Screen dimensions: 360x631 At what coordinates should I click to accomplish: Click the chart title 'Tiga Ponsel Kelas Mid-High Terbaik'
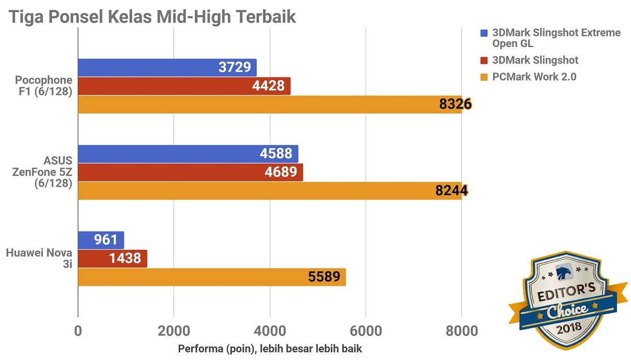[x=151, y=17]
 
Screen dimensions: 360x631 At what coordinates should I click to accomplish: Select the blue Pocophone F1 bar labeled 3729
[x=167, y=67]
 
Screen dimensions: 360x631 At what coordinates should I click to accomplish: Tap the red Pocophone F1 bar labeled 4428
[x=184, y=86]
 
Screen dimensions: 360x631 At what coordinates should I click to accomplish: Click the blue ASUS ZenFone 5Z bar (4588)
[x=188, y=154]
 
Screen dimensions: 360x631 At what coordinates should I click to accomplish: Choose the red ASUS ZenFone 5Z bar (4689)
[x=190, y=172]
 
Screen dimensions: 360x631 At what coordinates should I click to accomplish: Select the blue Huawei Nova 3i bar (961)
[x=101, y=240]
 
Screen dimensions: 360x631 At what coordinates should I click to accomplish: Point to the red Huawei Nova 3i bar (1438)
[x=112, y=258]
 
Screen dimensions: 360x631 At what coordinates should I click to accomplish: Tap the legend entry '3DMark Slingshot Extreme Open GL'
[x=556, y=38]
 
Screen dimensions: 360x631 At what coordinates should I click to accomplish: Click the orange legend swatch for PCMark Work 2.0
[x=484, y=77]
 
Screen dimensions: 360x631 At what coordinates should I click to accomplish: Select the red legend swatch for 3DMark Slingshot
[x=484, y=61]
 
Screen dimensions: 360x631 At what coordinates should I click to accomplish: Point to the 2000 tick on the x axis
[x=174, y=331]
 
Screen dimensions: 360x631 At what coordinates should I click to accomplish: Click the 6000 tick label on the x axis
[x=366, y=331]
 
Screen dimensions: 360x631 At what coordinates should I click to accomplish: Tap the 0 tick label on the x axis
[x=78, y=331]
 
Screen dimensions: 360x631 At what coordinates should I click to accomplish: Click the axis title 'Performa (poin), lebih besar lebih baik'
[x=270, y=349]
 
